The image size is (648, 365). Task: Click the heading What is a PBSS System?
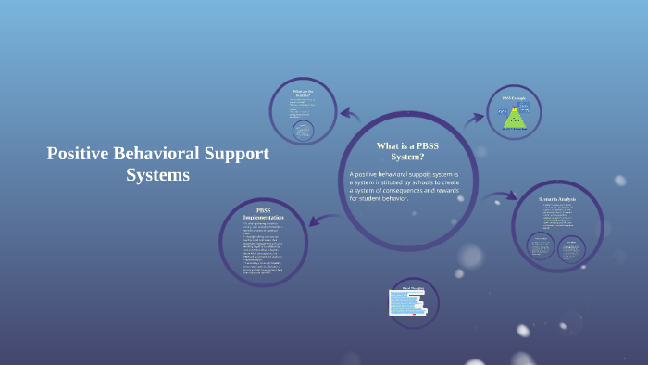(x=407, y=151)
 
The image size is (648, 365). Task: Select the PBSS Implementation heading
(x=263, y=215)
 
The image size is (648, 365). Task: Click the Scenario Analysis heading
(x=557, y=199)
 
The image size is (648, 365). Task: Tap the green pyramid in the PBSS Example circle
(x=514, y=118)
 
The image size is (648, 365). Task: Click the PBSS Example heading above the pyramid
(x=514, y=98)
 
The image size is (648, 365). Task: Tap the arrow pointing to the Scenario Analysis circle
(x=501, y=196)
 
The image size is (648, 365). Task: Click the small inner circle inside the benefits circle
(x=303, y=131)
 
